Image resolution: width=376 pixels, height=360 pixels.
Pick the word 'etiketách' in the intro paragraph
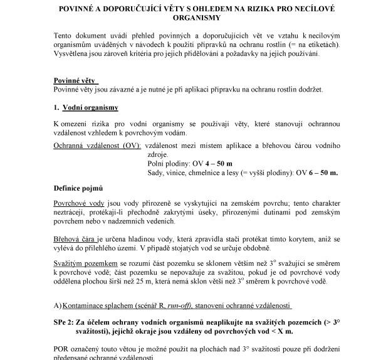(x=321, y=45)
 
